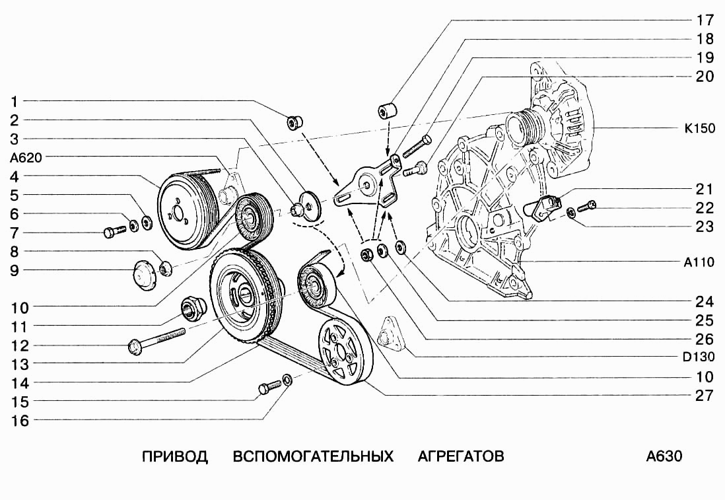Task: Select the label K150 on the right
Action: click(699, 129)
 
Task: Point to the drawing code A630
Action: click(664, 456)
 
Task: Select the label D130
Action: click(699, 358)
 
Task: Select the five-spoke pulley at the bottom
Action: click(345, 351)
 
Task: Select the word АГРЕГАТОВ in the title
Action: click(461, 456)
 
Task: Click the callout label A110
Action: click(699, 262)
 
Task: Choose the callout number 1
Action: click(15, 102)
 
